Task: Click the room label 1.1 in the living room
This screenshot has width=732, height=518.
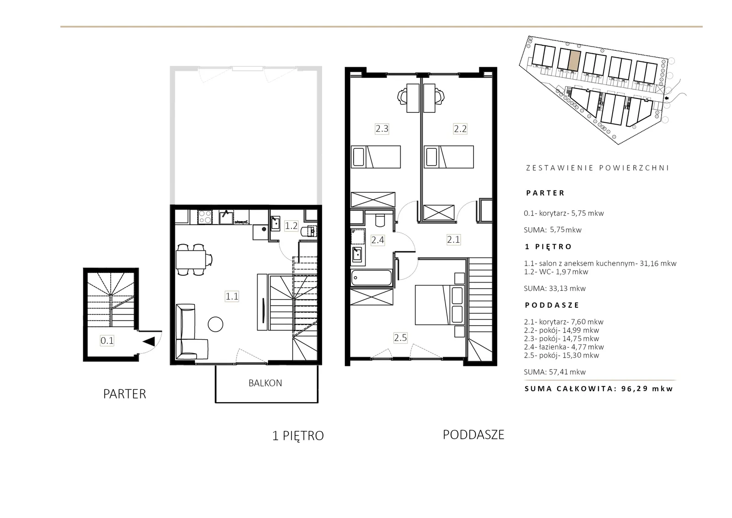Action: point(231,296)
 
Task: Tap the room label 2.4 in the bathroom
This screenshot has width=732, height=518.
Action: point(377,240)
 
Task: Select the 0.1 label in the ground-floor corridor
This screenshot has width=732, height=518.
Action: point(107,341)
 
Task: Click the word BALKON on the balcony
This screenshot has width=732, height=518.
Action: point(265,383)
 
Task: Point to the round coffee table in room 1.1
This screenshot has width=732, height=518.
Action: point(215,324)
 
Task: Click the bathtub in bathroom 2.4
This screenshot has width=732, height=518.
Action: point(371,278)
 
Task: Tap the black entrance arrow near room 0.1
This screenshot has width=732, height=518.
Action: point(149,341)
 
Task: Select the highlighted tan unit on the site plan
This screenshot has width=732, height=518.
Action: point(574,60)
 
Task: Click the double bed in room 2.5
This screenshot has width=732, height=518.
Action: point(440,305)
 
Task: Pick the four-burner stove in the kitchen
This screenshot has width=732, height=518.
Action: point(205,217)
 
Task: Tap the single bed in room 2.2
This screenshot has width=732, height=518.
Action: point(449,157)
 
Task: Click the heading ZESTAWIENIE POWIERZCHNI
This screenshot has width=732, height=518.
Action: point(597,168)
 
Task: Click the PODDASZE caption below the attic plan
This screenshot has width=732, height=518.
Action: point(474,435)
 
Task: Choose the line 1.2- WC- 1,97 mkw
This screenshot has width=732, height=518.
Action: point(556,272)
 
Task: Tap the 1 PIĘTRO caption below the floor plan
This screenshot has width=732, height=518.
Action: point(298,436)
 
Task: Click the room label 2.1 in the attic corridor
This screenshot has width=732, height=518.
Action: point(453,240)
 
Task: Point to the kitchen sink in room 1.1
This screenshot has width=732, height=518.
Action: point(226,217)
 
